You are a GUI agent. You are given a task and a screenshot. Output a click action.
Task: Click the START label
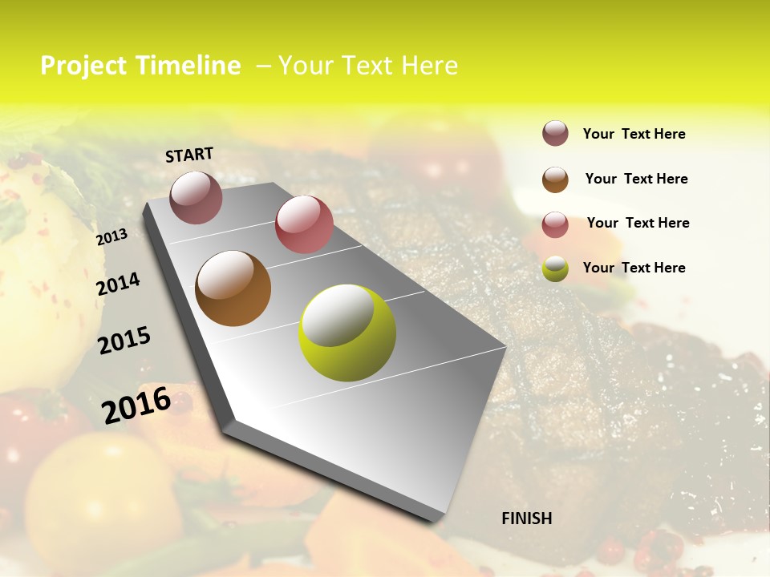[x=189, y=154]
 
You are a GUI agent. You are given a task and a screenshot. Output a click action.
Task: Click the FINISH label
[x=527, y=518]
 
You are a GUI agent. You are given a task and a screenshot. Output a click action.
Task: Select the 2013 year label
[x=111, y=237]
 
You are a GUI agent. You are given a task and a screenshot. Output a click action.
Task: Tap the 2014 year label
[x=119, y=284]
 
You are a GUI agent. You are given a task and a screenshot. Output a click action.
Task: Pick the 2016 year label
[x=136, y=405]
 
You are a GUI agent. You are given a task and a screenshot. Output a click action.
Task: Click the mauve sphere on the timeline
[x=197, y=197]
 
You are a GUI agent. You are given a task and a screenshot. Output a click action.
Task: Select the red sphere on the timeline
[x=304, y=224]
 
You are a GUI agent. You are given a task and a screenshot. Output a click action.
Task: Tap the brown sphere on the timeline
[x=233, y=288]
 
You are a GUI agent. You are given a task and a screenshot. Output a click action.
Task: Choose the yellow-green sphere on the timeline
[x=347, y=333]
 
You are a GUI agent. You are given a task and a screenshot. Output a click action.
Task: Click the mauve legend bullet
[x=555, y=134]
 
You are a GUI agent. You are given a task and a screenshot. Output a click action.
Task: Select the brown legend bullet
[x=555, y=180]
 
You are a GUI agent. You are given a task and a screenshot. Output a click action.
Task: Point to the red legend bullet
[x=555, y=224]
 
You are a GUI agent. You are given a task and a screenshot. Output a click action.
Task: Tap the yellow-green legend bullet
[x=555, y=268]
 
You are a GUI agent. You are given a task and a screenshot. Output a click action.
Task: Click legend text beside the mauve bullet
[x=634, y=135]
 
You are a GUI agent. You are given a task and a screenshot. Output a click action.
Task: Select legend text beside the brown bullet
[x=636, y=179]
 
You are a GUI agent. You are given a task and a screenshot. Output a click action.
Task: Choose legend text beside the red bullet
[x=638, y=223]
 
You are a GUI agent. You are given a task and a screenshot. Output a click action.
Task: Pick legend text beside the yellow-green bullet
[x=634, y=268]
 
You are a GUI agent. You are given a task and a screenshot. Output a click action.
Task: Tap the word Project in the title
[x=83, y=66]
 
